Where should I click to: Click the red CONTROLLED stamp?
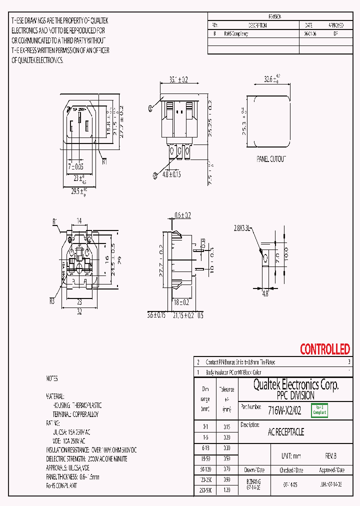324,349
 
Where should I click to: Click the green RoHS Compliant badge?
319,410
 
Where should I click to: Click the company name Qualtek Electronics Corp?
295,384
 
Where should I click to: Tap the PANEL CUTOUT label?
271,158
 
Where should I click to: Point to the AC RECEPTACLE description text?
286,431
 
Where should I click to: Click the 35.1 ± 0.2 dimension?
178,79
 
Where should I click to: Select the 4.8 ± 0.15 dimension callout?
169,174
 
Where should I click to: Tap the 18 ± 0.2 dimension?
182,302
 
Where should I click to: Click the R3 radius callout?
52,300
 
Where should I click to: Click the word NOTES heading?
52,378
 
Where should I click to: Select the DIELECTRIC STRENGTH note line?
86,458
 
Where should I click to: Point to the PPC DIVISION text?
295,395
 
